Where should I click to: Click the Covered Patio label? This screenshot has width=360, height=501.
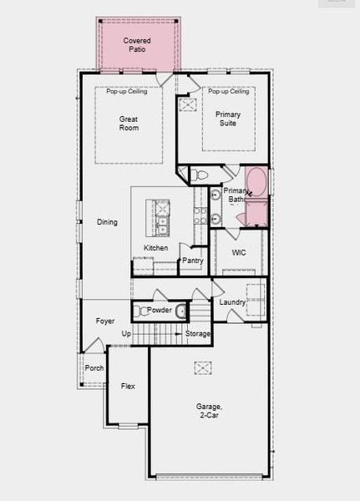(137, 45)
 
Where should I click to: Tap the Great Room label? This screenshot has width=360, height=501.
(129, 123)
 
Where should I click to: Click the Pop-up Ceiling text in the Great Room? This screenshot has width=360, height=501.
(127, 91)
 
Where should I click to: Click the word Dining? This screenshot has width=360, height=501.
(107, 222)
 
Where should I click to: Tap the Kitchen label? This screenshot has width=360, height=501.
(156, 248)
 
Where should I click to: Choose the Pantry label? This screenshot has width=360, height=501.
(193, 261)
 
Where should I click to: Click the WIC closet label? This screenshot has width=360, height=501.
(239, 252)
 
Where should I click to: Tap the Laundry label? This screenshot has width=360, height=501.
(232, 301)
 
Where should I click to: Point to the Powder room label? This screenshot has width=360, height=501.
(160, 311)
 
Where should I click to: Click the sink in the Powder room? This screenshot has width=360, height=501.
(180, 311)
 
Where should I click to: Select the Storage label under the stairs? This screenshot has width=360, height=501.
(198, 334)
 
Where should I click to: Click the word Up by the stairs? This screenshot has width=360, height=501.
(127, 334)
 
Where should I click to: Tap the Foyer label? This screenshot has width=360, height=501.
(105, 321)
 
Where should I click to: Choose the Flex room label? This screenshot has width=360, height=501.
(128, 387)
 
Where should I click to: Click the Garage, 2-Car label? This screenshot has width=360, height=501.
(209, 411)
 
